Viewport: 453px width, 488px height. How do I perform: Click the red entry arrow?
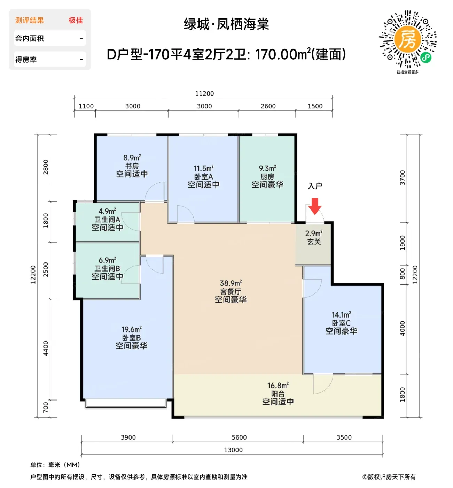click(x=315, y=206)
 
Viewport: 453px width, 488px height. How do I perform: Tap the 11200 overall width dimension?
click(x=204, y=94)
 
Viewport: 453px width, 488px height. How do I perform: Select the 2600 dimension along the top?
click(x=268, y=106)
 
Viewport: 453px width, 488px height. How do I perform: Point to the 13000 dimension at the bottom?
click(x=233, y=450)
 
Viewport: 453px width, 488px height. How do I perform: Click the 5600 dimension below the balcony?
click(x=239, y=437)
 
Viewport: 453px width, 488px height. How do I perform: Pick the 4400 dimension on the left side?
click(x=46, y=348)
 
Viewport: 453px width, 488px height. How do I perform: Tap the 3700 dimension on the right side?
click(x=402, y=178)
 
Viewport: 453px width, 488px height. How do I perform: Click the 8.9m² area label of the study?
click(x=132, y=158)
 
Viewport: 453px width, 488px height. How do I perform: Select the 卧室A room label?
click(x=204, y=177)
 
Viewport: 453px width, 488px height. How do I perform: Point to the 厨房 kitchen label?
click(x=267, y=176)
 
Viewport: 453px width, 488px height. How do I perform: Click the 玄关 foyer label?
click(x=314, y=242)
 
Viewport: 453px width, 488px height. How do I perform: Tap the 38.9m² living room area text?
click(x=231, y=283)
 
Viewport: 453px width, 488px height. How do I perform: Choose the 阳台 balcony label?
click(x=278, y=394)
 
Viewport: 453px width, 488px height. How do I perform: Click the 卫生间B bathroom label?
click(x=107, y=268)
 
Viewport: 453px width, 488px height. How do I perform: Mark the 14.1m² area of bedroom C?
click(x=341, y=314)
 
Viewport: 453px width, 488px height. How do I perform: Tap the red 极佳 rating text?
click(x=76, y=20)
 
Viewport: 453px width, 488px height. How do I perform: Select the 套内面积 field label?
click(x=30, y=38)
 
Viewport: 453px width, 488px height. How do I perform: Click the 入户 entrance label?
click(x=315, y=186)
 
